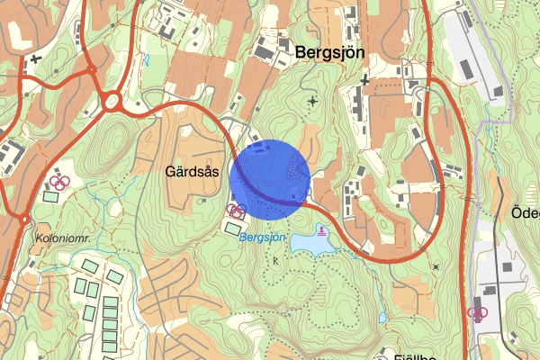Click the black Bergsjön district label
click(329, 53)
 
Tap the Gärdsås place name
click(192, 170)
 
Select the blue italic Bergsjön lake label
click(262, 237)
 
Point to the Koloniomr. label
click(61, 238)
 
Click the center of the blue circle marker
click(270, 179)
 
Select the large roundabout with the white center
click(113, 102)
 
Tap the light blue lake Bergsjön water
click(310, 241)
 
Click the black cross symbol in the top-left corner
click(35, 59)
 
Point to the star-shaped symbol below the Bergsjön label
click(312, 101)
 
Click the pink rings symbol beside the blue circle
click(237, 211)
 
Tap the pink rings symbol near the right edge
click(476, 314)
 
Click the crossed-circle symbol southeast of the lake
click(436, 267)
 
